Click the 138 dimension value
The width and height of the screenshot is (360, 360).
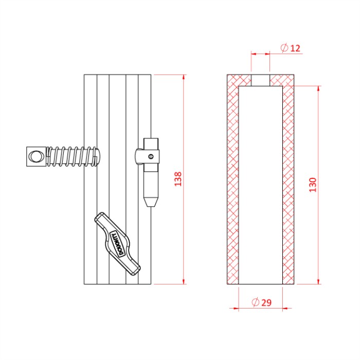point(178,179)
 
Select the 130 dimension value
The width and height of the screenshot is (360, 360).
point(313,185)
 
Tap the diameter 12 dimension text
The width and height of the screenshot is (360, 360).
point(291,48)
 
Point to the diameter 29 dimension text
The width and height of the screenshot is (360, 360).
point(261,302)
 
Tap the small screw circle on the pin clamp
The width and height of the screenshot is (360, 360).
point(151,156)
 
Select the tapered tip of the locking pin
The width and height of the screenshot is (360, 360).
point(151,202)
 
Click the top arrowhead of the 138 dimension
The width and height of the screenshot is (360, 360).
point(184,77)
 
